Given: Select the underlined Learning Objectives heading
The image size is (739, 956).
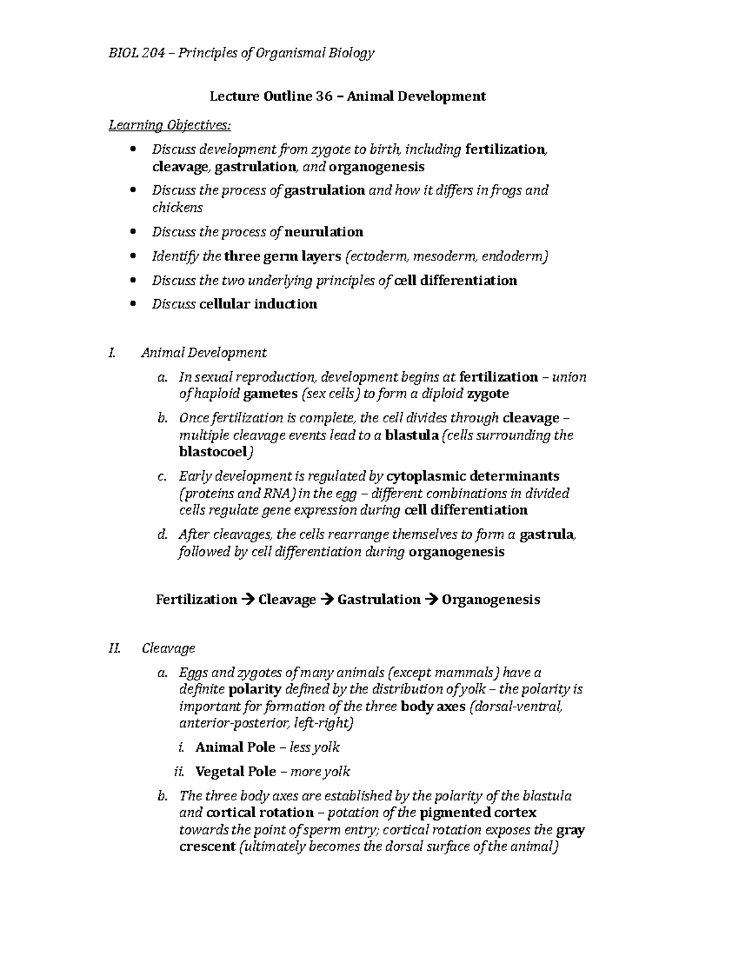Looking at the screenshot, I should point(170,126).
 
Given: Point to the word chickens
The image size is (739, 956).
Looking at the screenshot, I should point(177,207).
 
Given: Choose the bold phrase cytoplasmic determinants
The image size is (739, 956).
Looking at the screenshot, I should point(472,476).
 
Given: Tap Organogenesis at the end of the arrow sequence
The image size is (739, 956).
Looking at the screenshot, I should point(491,600).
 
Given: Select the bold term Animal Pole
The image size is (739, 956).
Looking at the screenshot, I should point(235,747).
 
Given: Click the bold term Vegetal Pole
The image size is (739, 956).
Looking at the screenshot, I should point(236,772).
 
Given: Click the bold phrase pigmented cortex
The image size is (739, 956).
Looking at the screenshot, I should point(478,813).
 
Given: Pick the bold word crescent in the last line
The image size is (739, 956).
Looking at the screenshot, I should point(207,847).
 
